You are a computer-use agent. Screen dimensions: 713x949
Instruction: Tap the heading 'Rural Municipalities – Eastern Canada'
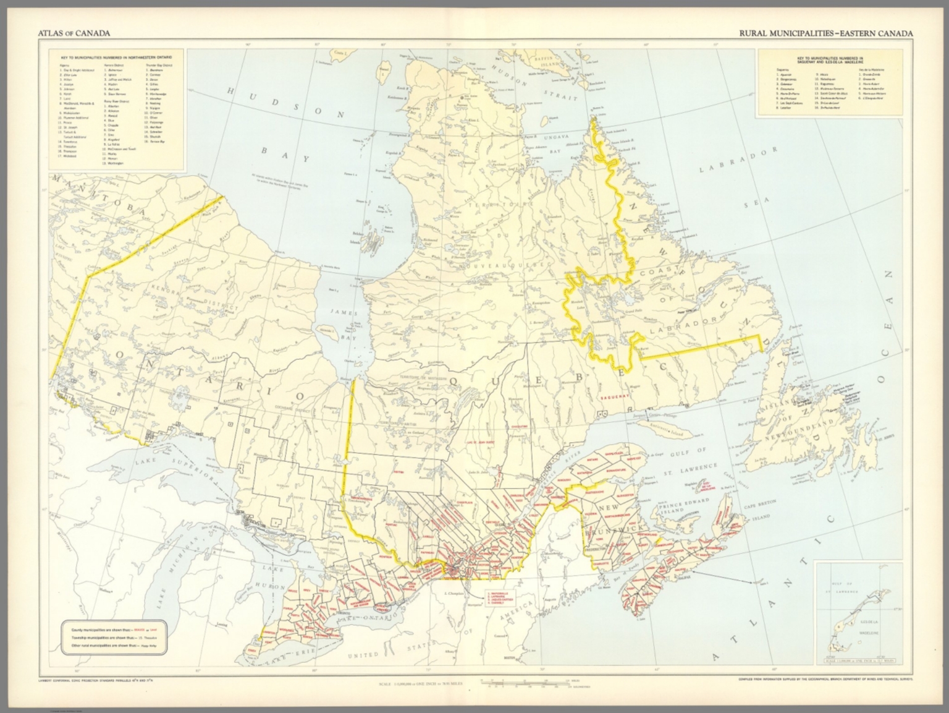(x=825, y=33)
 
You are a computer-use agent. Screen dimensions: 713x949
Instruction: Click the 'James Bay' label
(x=344, y=326)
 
